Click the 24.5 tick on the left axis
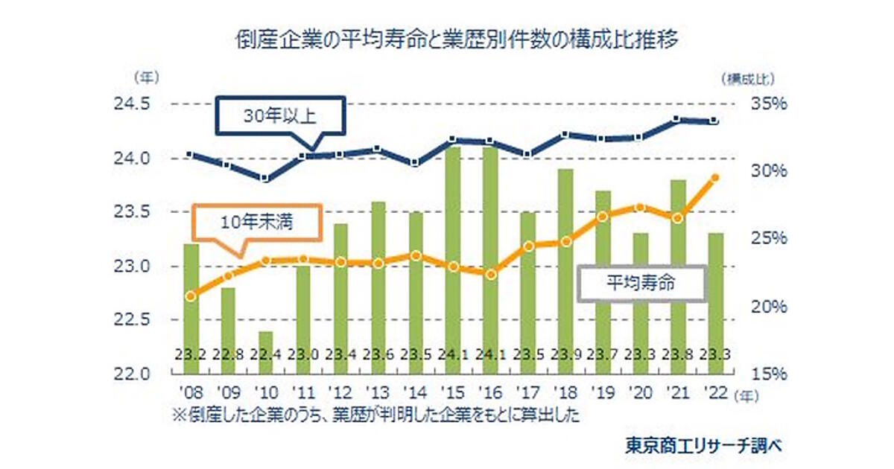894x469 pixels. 132,103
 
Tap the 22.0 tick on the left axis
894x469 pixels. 132,373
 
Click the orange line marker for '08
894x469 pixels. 191,296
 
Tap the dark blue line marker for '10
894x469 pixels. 265,179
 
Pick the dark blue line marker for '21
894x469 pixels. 676,119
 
